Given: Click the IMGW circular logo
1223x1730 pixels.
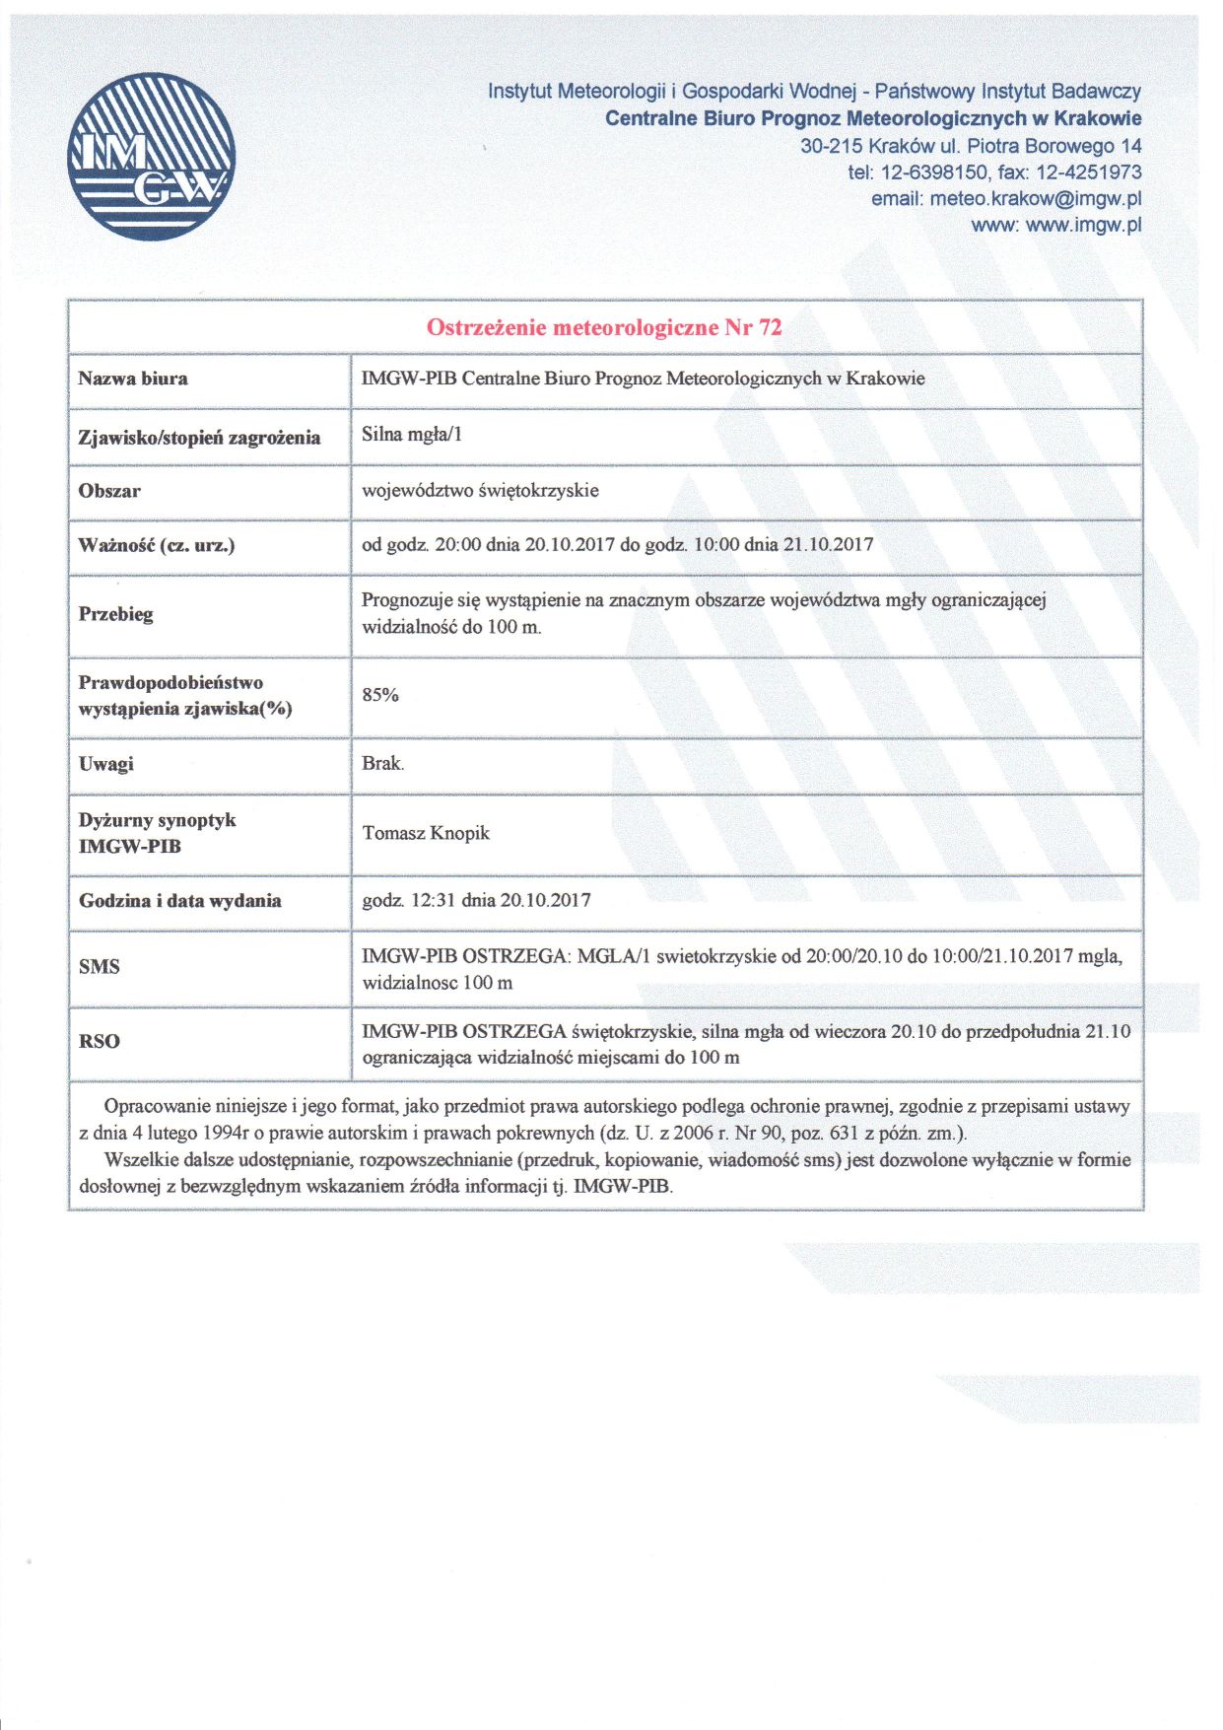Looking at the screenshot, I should coord(152,157).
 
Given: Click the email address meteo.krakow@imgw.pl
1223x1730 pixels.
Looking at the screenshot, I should coord(1035,198).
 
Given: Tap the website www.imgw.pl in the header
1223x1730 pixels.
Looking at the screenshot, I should coord(1083,225).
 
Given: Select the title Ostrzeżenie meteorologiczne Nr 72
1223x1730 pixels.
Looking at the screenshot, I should coord(604,328).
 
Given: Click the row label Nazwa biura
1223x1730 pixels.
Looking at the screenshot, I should coord(133,379).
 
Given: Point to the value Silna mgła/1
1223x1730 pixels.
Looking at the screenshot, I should coord(412,435).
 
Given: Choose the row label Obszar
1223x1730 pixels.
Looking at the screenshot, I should coord(109,491).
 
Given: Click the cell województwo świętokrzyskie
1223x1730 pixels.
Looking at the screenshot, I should coord(480,491).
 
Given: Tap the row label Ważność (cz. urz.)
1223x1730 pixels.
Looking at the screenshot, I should coord(157,545).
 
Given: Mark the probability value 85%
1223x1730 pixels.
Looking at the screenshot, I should coord(380,695).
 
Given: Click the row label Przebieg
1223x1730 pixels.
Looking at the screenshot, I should coord(116,614).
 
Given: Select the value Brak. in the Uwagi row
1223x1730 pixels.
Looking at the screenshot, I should coord(383,763).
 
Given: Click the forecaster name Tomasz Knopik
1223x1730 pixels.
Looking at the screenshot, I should coord(426,833).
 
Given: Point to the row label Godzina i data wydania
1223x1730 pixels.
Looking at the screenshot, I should coord(180,901).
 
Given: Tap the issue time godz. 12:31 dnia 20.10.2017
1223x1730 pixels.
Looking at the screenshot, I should coord(476,900).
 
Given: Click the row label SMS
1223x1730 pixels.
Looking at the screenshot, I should coord(100,967).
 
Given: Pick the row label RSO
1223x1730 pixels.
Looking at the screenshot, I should coord(100,1041).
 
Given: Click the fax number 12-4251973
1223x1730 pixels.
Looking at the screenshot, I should coord(1088,173).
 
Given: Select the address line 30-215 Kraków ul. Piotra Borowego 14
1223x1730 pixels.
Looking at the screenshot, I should coord(971,146).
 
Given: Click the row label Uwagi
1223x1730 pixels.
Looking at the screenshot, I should coord(106,764).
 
